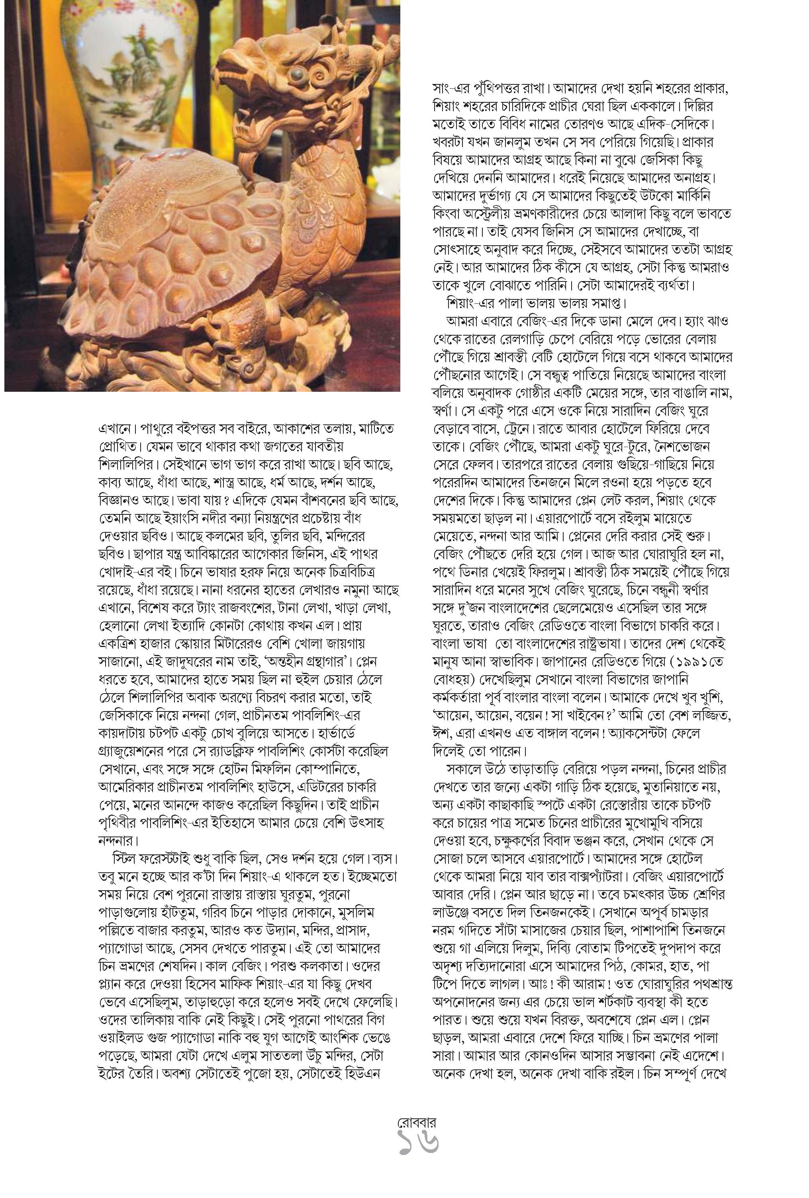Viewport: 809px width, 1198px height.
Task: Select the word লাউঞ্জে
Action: pyautogui.click(x=454, y=913)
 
